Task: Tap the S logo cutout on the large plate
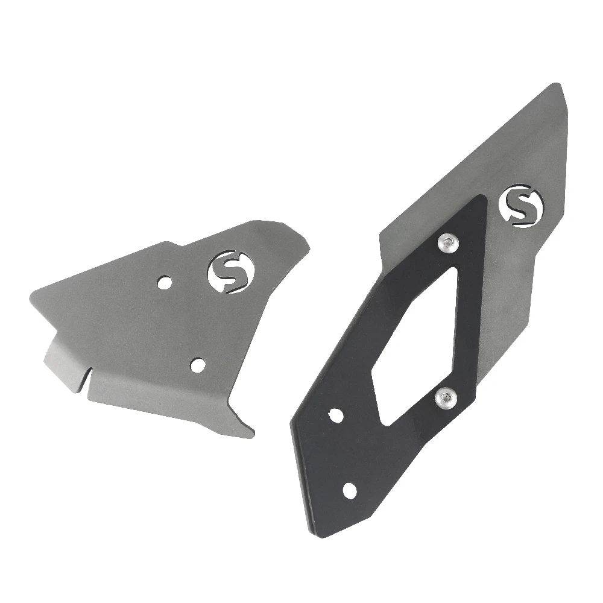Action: coord(520,206)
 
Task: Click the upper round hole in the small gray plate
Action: coord(165,282)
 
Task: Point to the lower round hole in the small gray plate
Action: coord(196,364)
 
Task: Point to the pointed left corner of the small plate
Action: coord(30,294)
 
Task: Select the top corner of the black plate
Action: coord(479,197)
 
